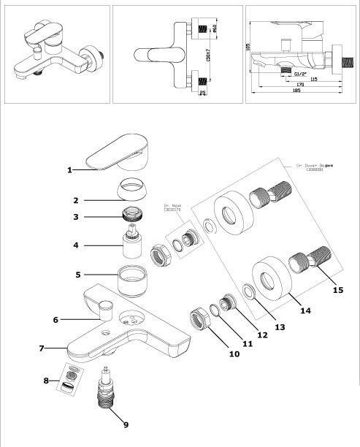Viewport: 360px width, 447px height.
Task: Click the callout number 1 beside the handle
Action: [x=70, y=170]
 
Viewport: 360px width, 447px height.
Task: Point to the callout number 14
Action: [x=305, y=310]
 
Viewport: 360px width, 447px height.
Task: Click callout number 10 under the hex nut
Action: [x=234, y=354]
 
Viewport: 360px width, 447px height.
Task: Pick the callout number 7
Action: [x=42, y=348]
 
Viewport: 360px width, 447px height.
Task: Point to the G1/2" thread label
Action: [x=299, y=74]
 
